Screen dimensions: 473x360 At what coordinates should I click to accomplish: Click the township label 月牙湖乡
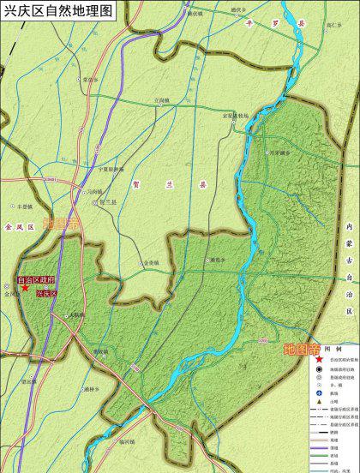point(280,153)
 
